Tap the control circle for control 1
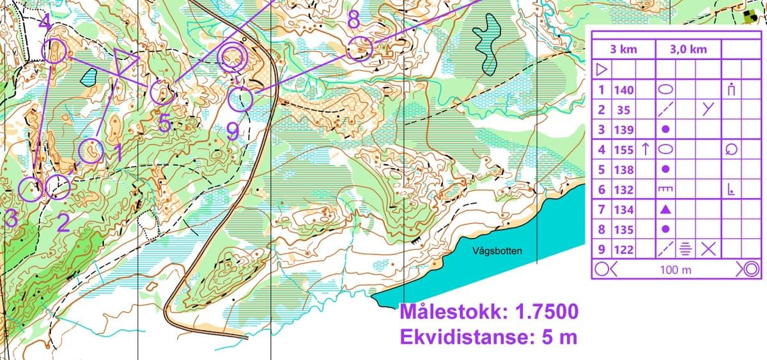91,151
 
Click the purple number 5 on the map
164,123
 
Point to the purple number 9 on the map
233,131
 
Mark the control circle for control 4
54,51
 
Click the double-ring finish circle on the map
232,58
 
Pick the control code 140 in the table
624,91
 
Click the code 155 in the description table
624,150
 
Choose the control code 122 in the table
624,249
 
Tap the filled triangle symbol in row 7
665,209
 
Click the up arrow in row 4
646,150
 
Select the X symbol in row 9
707,249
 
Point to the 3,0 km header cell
689,50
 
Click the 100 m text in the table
676,269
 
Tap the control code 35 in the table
624,110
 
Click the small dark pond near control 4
88,77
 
